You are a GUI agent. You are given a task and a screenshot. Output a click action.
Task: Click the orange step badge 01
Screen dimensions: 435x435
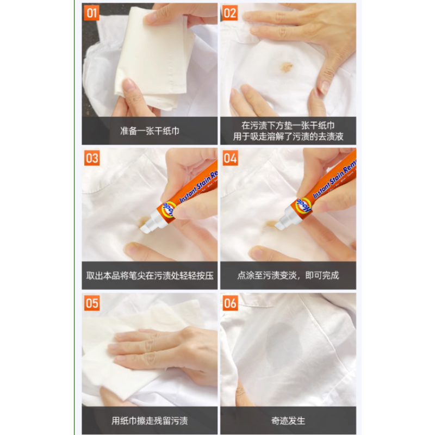pos(92,13)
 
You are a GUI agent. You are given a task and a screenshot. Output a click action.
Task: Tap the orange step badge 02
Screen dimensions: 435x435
pos(231,13)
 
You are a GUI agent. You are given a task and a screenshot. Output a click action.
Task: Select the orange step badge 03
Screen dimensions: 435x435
pos(92,158)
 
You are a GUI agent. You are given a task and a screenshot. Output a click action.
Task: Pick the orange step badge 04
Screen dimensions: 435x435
pos(231,158)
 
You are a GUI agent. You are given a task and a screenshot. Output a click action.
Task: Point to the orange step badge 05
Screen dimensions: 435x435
pos(92,303)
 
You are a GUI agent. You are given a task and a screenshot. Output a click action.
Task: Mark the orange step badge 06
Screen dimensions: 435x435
pos(231,303)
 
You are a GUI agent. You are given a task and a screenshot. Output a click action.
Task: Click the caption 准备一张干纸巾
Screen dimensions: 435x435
pos(150,131)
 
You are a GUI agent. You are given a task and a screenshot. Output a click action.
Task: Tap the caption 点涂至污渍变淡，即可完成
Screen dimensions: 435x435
pos(288,276)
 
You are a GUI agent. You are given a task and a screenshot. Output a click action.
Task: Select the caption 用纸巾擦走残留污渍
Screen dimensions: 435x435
pos(150,421)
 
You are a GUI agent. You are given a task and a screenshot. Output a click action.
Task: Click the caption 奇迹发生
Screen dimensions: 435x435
pos(288,421)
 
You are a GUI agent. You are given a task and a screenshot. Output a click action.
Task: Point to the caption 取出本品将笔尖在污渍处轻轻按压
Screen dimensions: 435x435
pos(150,276)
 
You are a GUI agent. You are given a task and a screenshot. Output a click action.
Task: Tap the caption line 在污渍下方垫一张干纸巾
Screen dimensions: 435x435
pos(288,125)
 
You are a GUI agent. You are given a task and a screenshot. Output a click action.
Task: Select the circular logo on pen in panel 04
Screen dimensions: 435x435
pos(303,206)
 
